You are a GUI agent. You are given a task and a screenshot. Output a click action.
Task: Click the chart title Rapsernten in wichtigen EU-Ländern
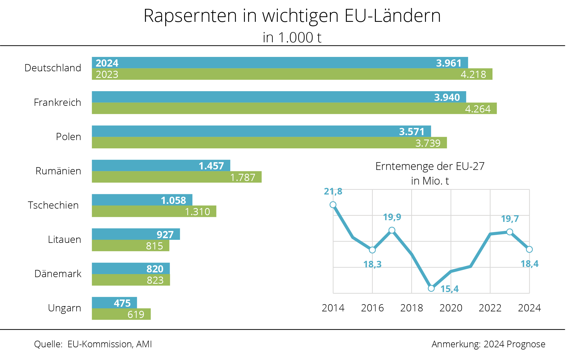pos(292,16)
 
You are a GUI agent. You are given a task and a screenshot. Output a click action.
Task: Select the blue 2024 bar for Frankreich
pos(279,97)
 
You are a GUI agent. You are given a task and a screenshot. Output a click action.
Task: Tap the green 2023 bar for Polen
pos(269,143)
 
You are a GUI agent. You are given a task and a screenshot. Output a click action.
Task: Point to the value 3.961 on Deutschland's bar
pos(449,63)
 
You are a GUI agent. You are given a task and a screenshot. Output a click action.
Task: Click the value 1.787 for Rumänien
pos(243,177)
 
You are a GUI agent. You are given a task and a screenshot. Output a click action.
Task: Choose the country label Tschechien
pos(53,205)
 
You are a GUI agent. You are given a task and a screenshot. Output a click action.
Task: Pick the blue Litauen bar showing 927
pos(136,234)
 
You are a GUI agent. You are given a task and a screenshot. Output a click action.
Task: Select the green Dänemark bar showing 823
pos(131,280)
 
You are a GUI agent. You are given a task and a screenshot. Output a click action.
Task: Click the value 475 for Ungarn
pos(122,303)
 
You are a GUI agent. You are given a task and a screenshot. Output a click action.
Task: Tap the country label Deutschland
pos(53,68)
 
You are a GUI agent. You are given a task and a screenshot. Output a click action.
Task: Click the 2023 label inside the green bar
pos(107,75)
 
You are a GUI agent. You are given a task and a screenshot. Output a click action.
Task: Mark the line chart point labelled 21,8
pos(333,205)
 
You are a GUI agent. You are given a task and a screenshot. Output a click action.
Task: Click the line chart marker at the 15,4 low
pos(431,288)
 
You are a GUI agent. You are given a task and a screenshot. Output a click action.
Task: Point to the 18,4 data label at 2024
pos(530,264)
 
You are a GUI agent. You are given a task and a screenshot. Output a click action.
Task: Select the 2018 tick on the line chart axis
pos(412,308)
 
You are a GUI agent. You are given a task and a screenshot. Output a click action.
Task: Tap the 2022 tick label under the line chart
pos(490,308)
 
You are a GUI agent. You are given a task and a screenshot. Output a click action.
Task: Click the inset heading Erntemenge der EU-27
pos(430,166)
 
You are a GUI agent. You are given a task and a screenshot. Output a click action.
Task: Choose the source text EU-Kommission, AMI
pos(110,344)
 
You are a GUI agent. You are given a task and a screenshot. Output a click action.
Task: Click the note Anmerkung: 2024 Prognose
pos(488,344)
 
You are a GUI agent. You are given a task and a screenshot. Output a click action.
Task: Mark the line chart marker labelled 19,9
pos(392,230)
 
